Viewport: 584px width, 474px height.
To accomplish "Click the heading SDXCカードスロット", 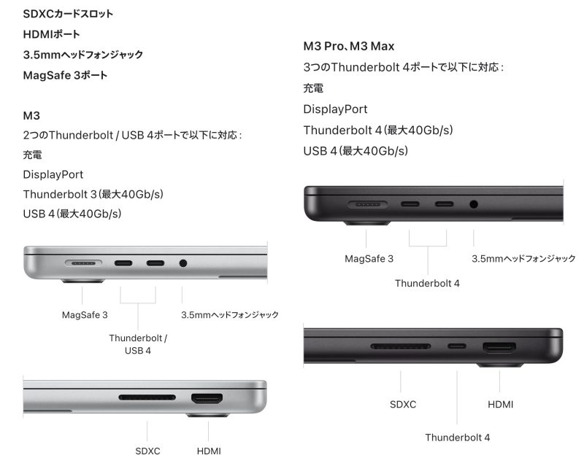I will pyautogui.click(x=68, y=14).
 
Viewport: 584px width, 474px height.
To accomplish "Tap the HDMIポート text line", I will pyautogui.click(x=51, y=34).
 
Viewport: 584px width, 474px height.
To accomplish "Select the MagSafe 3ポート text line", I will pyautogui.click(x=65, y=74).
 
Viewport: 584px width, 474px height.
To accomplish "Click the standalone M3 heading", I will pyautogui.click(x=31, y=115).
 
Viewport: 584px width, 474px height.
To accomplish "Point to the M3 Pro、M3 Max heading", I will pyautogui.click(x=348, y=46).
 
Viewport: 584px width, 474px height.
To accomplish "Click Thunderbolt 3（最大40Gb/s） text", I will pyautogui.click(x=93, y=194).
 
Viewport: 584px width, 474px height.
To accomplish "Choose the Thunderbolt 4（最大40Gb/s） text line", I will pyautogui.click(x=378, y=130).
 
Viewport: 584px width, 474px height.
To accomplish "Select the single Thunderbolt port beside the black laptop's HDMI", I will pyautogui.click(x=457, y=346).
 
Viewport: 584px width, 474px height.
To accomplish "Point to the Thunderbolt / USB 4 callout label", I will pyautogui.click(x=138, y=344).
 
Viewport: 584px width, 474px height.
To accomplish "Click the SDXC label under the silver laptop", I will pyautogui.click(x=147, y=451).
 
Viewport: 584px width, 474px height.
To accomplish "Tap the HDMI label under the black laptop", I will pyautogui.click(x=500, y=404).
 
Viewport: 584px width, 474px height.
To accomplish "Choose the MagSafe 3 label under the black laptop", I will pyautogui.click(x=369, y=258).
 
